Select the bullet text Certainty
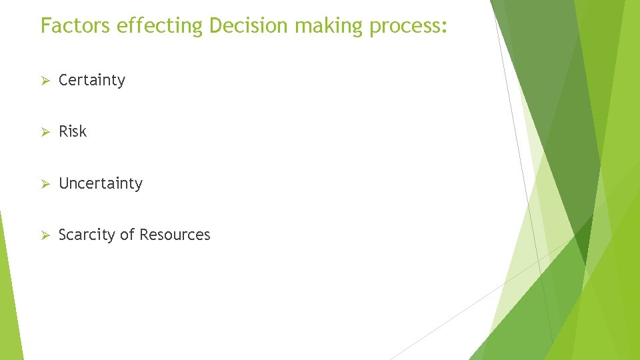tap(92, 80)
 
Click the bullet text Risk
tap(73, 131)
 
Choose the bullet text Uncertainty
tap(101, 183)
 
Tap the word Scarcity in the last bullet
tap(84, 235)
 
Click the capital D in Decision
tap(216, 25)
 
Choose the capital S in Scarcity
tap(63, 235)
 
